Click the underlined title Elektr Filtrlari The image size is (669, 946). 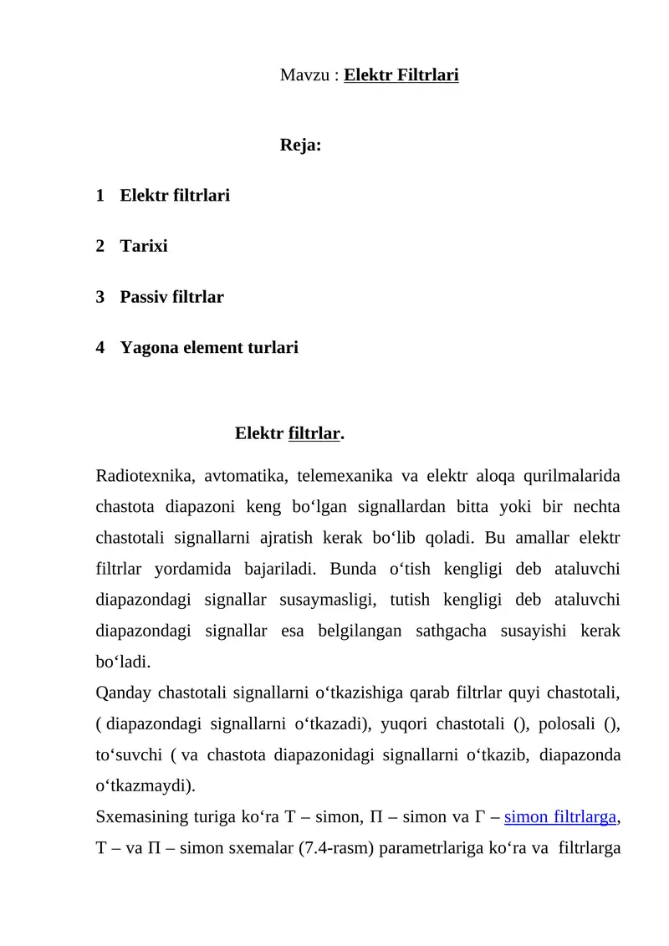(401, 76)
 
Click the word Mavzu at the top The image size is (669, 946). (304, 76)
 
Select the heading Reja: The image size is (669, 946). (300, 146)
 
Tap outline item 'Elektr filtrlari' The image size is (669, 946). (175, 196)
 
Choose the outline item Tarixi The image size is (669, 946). (144, 247)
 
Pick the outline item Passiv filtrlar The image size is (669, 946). (171, 297)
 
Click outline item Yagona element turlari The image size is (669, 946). (209, 347)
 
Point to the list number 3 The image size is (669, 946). (100, 297)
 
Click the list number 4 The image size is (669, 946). (100, 347)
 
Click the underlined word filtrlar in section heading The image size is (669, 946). (314, 434)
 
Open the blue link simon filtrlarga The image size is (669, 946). (562, 817)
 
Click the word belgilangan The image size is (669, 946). (360, 632)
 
